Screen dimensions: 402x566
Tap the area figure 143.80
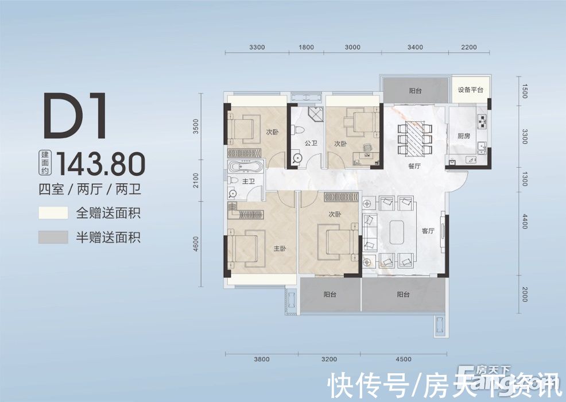(105, 164)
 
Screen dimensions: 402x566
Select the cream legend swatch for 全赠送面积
(53, 214)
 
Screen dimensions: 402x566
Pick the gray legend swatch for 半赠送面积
(53, 237)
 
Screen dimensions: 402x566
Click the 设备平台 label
(470, 90)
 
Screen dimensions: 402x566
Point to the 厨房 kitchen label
(464, 136)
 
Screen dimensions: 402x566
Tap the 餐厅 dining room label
(415, 166)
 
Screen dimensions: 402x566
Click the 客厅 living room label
(428, 231)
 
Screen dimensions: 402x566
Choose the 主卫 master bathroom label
(249, 182)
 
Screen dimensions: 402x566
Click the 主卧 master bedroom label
(279, 249)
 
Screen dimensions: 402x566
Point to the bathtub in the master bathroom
(246, 168)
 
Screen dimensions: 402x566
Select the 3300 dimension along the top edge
(258, 47)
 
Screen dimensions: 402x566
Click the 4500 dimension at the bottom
(404, 360)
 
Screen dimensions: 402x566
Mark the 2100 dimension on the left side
(196, 181)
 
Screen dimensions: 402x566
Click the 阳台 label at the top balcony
(416, 91)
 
